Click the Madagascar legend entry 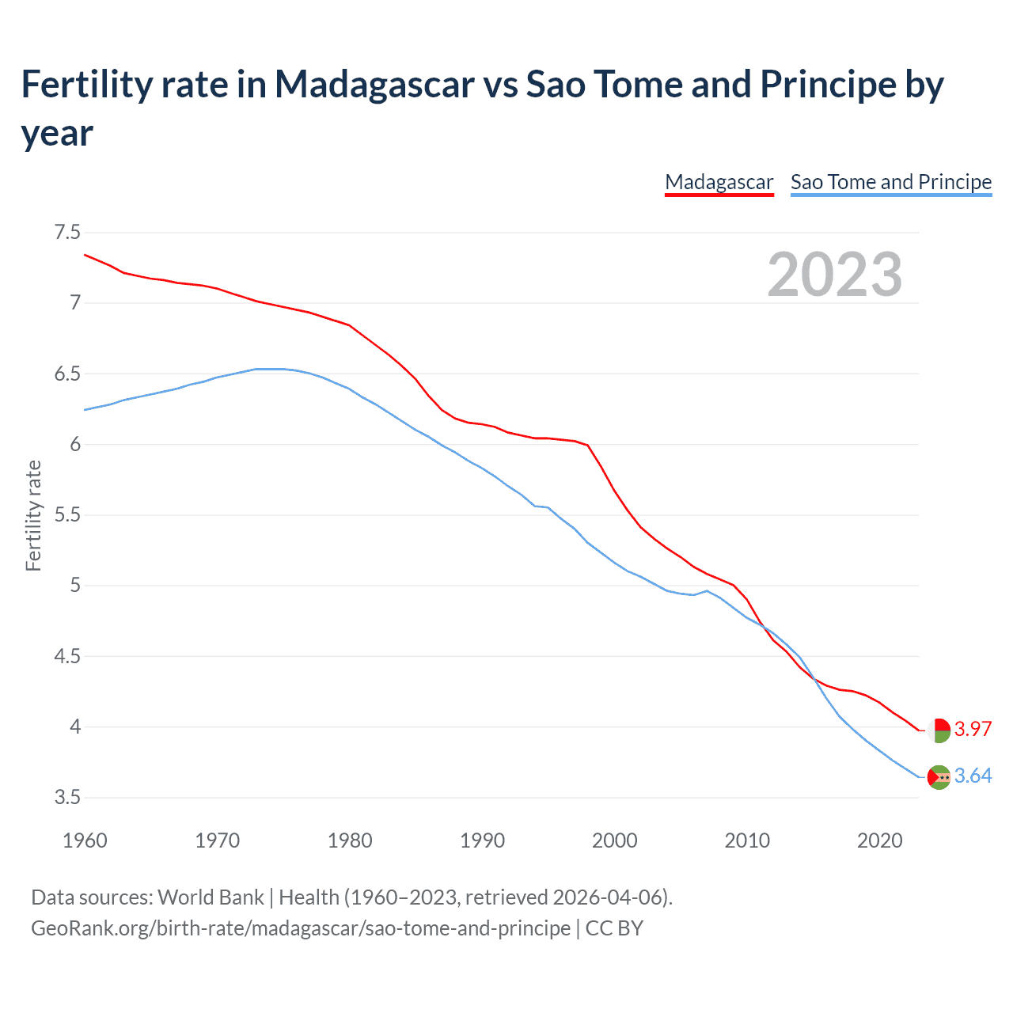[719, 182]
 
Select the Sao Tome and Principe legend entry [890, 182]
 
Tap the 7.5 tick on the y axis [67, 233]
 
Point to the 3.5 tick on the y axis [67, 797]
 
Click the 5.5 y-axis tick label [67, 515]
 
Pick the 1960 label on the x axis [85, 840]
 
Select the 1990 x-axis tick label [482, 840]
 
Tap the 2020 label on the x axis [879, 840]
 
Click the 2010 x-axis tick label [747, 840]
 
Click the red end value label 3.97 [973, 730]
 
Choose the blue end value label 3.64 [973, 776]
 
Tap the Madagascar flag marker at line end [939, 730]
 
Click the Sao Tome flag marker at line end [939, 777]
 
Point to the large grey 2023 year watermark [835, 275]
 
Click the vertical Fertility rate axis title [33, 515]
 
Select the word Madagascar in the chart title [374, 85]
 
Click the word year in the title [57, 133]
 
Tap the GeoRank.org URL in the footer [300, 928]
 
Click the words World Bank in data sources [211, 897]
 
